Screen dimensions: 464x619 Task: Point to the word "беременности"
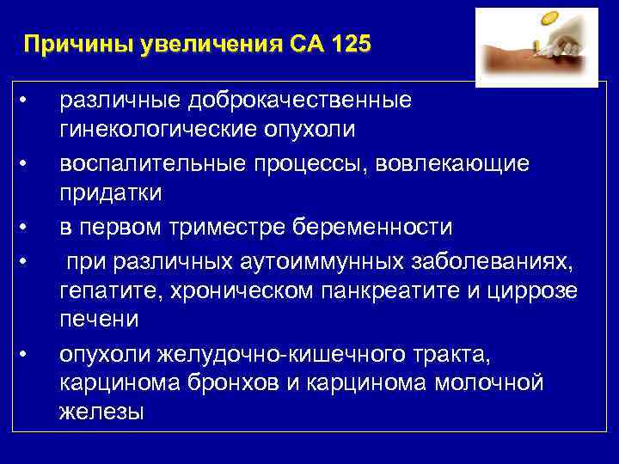pyautogui.click(x=378, y=227)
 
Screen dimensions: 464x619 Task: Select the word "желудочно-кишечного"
pyautogui.click(x=255, y=352)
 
